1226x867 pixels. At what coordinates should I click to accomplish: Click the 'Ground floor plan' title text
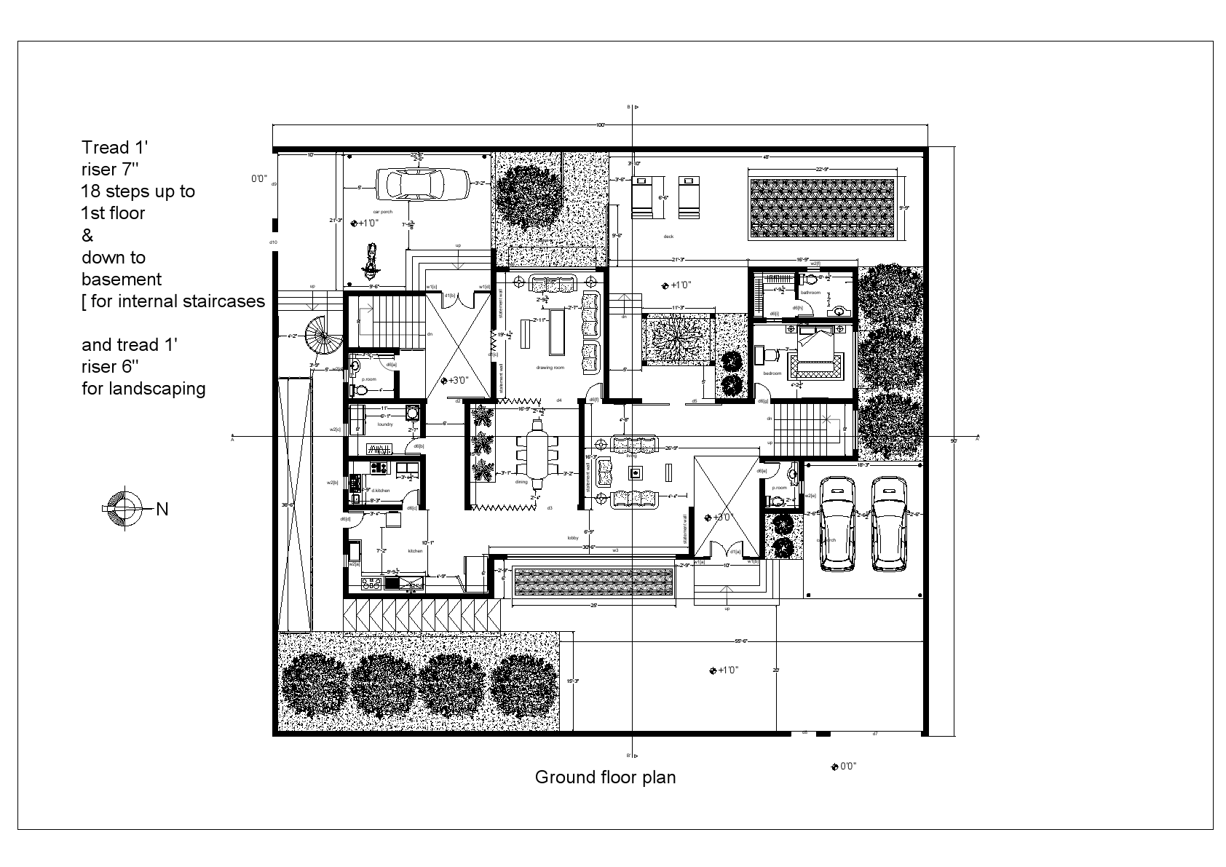[x=605, y=777]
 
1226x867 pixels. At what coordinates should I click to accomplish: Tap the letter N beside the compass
[x=162, y=510]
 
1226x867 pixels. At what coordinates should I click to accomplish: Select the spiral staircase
[x=321, y=339]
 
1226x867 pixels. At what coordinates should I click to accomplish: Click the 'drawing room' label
[x=550, y=368]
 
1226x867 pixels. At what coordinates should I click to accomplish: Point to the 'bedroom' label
[x=772, y=373]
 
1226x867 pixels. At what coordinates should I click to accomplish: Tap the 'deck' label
[x=668, y=237]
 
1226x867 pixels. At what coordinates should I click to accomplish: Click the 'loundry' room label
[x=385, y=424]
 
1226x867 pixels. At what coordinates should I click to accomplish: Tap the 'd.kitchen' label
[x=381, y=491]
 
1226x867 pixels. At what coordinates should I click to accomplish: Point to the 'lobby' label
[x=573, y=538]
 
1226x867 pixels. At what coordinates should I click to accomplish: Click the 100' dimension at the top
[x=600, y=125]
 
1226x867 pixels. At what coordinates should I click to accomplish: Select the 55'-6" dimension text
[x=742, y=641]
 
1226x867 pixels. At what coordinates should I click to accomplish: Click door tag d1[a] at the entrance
[x=735, y=552]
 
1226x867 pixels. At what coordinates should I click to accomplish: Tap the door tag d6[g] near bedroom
[x=762, y=401]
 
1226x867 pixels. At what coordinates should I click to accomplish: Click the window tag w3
[x=615, y=550]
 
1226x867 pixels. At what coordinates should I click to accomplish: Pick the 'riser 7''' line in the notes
[x=109, y=170]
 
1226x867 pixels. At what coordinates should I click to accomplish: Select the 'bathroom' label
[x=810, y=293]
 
